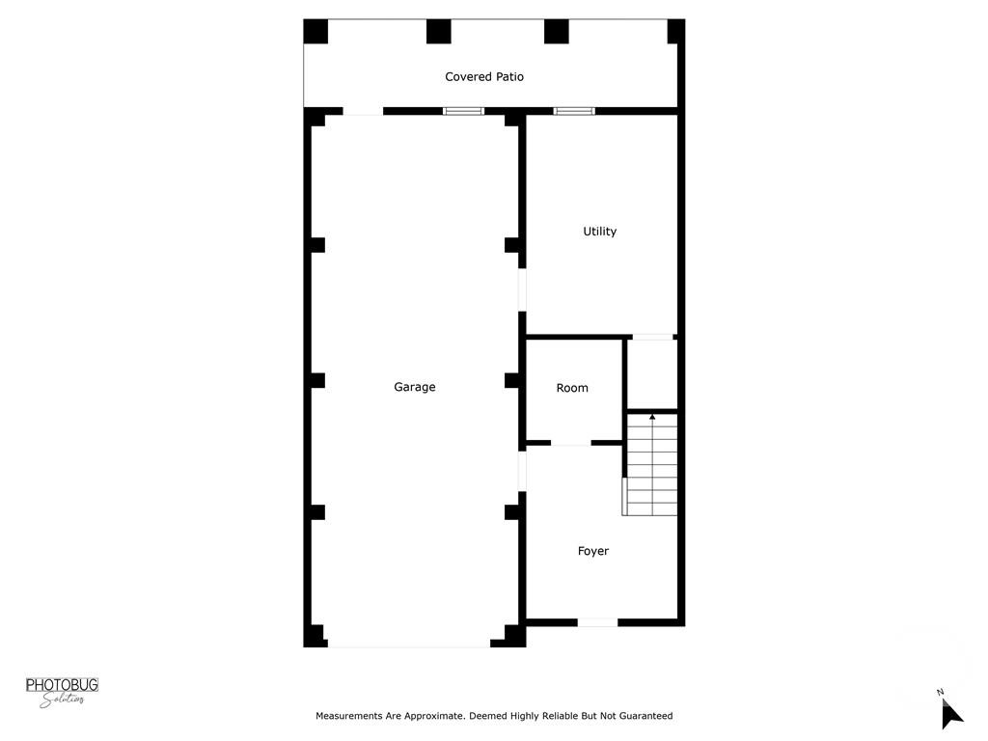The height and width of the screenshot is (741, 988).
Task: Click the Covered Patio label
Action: coord(484,76)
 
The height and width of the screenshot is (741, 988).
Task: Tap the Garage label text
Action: coord(415,387)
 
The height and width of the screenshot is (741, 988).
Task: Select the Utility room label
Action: coord(599,232)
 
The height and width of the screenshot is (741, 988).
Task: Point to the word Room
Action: coord(572,388)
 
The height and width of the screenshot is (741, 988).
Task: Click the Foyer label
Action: coord(593,551)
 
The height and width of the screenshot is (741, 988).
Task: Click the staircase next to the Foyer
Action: coord(651,464)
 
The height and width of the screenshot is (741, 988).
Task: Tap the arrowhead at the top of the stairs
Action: coord(652,417)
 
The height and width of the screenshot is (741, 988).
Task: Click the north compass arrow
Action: coord(951,713)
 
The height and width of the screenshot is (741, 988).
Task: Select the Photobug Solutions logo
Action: coord(62,691)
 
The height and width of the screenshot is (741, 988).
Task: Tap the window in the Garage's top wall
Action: coord(463,111)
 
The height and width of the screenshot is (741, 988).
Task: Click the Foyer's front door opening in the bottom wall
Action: coord(597,622)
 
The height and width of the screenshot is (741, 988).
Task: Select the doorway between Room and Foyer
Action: coord(570,443)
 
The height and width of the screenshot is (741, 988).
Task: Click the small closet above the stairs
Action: coord(653,373)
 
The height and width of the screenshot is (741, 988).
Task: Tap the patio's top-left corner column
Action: coord(316,32)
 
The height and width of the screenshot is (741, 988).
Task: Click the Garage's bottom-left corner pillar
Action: coord(315,636)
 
